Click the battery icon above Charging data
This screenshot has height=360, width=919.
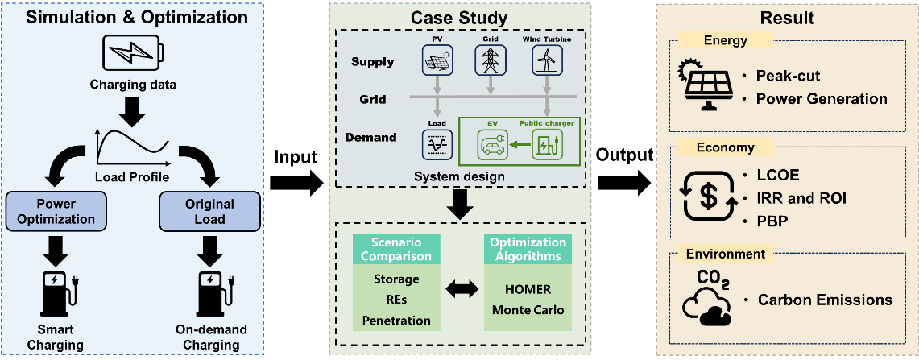[x=132, y=52]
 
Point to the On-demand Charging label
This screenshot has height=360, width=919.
[x=210, y=337]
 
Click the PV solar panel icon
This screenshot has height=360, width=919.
[x=437, y=59]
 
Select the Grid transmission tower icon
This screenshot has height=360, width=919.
[x=490, y=59]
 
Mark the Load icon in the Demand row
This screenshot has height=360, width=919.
[x=437, y=144]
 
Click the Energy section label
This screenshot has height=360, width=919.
[x=726, y=40]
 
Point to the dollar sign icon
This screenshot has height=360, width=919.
[x=707, y=195]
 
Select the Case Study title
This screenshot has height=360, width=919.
[x=459, y=18]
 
